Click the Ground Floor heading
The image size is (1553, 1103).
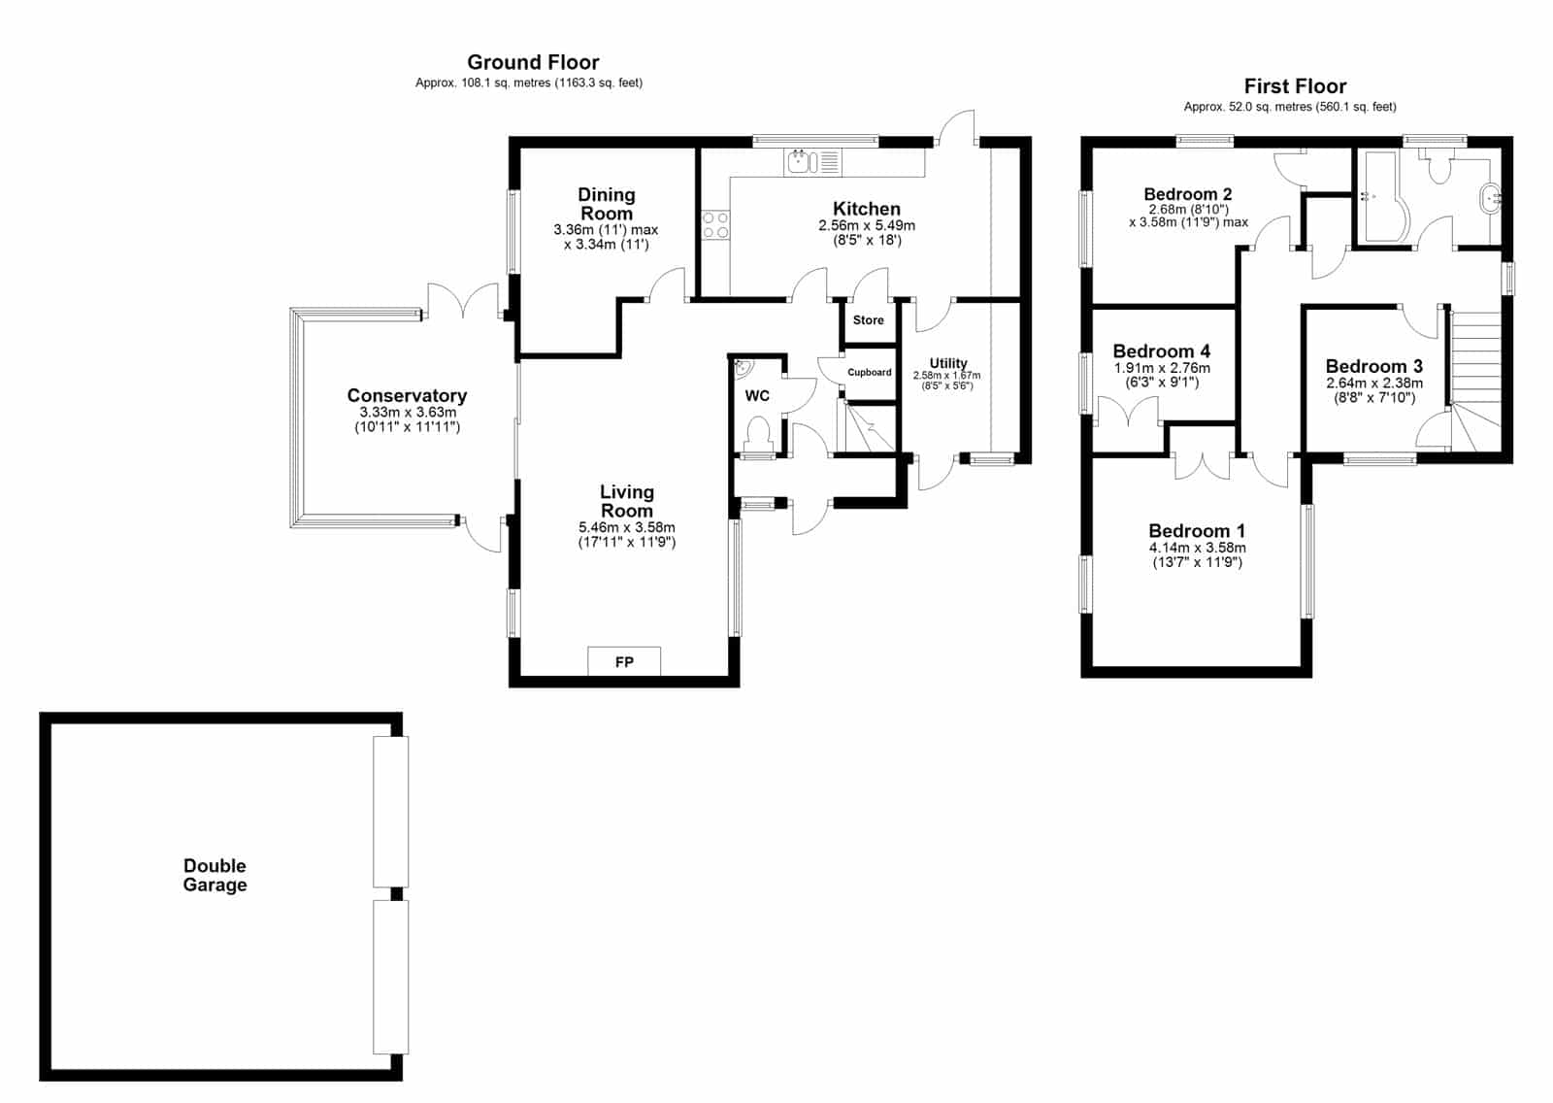pos(533,62)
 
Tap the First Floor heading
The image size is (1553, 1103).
pos(1295,86)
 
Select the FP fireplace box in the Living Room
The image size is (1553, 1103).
pos(624,661)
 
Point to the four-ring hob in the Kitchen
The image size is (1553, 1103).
pos(715,224)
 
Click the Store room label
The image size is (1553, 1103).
pos(868,319)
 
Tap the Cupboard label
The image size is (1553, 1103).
pos(870,373)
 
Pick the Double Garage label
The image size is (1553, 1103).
pos(215,876)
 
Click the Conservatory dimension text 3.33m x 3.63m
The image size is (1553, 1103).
pos(407,412)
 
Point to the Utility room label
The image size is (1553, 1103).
pos(947,363)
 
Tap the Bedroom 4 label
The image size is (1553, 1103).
pos(1161,351)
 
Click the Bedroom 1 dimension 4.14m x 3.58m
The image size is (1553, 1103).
pos(1197,548)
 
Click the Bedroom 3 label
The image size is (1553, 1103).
pos(1373,366)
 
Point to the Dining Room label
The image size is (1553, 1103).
pos(607,204)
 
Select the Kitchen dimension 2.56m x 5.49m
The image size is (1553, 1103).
pos(867,225)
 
